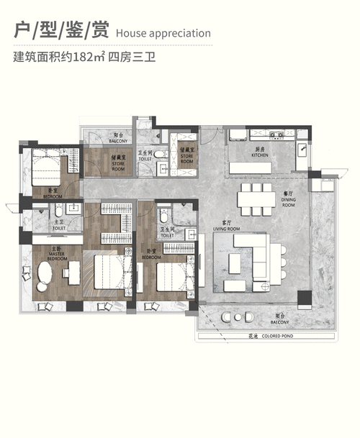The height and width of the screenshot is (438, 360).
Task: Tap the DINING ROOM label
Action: point(289,202)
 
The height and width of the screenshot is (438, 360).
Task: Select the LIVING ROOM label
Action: point(225,227)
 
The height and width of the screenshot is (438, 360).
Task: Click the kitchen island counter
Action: point(257,168)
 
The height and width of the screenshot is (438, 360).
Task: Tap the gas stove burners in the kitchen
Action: point(276,134)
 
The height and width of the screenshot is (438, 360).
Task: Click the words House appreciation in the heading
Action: point(163,32)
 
